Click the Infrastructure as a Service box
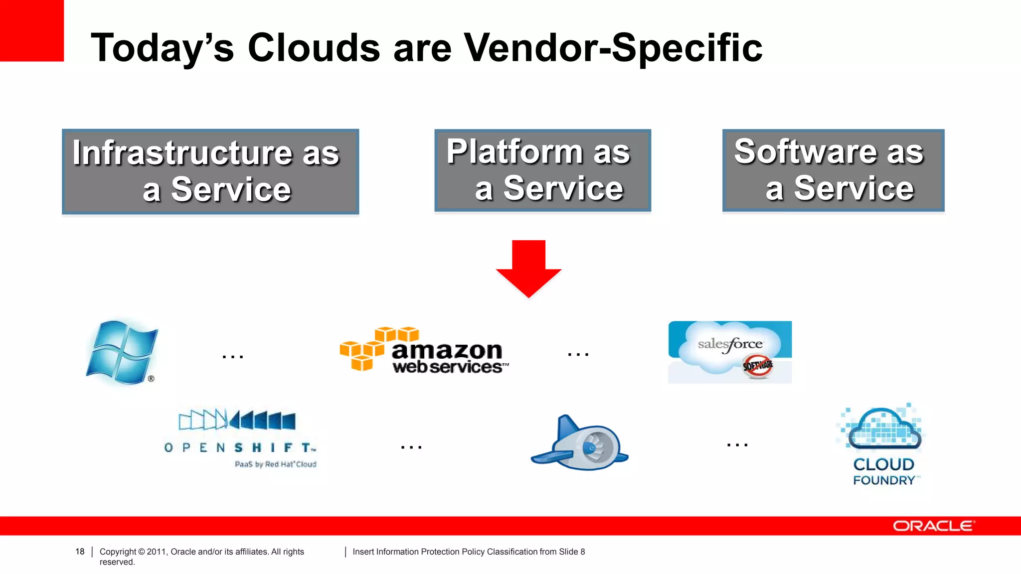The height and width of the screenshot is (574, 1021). [x=210, y=172]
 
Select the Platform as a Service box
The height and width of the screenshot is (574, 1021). [x=542, y=171]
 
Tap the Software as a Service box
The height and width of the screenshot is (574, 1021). [x=833, y=171]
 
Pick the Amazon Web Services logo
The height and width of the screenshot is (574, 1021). [x=424, y=352]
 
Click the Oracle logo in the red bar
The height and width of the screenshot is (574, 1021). [x=932, y=526]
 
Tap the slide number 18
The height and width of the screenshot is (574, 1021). [x=80, y=552]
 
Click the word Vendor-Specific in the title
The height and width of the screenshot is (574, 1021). [x=613, y=48]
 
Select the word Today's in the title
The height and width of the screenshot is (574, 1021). [x=162, y=48]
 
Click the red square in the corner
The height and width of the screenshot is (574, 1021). [x=31, y=30]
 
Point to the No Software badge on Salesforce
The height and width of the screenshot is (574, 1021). [x=757, y=366]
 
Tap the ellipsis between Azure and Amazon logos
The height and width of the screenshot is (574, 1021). [x=232, y=356]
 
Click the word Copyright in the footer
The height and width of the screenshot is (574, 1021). [x=118, y=552]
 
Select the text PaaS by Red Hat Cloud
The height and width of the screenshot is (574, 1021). [x=275, y=464]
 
